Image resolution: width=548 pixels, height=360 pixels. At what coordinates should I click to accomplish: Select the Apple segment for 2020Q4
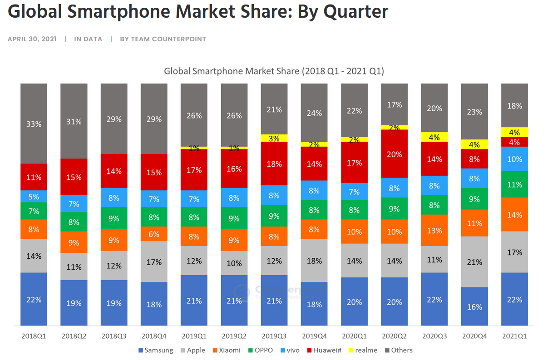point(474,261)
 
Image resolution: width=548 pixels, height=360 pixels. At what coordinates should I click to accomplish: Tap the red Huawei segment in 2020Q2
point(395,154)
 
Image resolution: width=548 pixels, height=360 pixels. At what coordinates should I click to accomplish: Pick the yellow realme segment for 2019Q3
point(274,138)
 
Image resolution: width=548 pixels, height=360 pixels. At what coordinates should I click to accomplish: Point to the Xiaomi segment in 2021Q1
point(514,214)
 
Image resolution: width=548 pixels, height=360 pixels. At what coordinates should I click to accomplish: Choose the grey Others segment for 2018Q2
point(74,121)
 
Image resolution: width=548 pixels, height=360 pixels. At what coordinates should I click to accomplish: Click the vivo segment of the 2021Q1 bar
point(514,159)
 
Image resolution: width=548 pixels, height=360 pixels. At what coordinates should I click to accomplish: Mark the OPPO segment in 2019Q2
point(234,218)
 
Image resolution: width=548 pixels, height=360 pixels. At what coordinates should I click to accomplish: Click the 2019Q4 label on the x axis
point(314,336)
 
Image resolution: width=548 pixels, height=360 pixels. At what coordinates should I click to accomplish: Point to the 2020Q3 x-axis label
point(434,336)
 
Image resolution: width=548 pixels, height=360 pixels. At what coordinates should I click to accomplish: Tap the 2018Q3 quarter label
point(114,336)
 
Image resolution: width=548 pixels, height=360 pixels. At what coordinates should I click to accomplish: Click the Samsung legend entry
point(155,350)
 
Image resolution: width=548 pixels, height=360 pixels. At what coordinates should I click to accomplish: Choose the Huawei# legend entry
point(325,350)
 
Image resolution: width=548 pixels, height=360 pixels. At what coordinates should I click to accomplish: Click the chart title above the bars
point(274,71)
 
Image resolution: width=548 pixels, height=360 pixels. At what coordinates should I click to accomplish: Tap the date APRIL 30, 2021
point(32,39)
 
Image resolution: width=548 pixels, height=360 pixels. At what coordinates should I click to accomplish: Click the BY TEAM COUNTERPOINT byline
point(163,39)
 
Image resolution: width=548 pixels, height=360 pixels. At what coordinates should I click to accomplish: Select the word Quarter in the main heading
point(356,11)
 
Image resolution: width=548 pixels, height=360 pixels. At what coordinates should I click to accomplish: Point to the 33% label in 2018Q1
point(34,123)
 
